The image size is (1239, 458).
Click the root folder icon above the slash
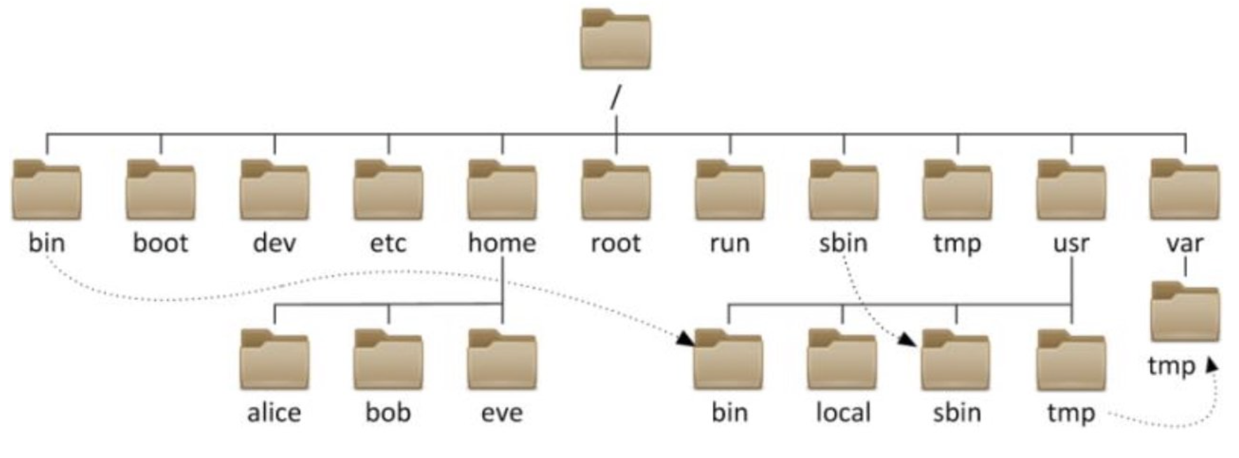[x=616, y=39]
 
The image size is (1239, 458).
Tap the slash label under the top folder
[x=615, y=98]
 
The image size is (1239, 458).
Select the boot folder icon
[x=160, y=190]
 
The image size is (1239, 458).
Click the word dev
[x=274, y=242]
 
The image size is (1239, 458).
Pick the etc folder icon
[x=388, y=190]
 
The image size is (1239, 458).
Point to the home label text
[x=502, y=242]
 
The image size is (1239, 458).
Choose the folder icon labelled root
[x=616, y=190]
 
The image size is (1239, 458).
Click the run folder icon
[x=730, y=190]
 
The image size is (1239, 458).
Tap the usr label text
[x=1072, y=243]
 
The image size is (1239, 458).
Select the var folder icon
[x=1185, y=190]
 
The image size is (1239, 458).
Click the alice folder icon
[x=274, y=360]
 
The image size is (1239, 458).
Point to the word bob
[x=388, y=412]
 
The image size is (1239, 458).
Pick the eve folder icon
[x=502, y=360]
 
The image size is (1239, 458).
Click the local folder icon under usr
[x=842, y=360]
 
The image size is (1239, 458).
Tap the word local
[x=843, y=412]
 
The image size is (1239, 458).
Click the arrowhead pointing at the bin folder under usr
[x=686, y=338]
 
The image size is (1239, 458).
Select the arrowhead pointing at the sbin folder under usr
[x=908, y=340]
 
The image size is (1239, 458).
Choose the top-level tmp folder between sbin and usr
[x=958, y=190]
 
